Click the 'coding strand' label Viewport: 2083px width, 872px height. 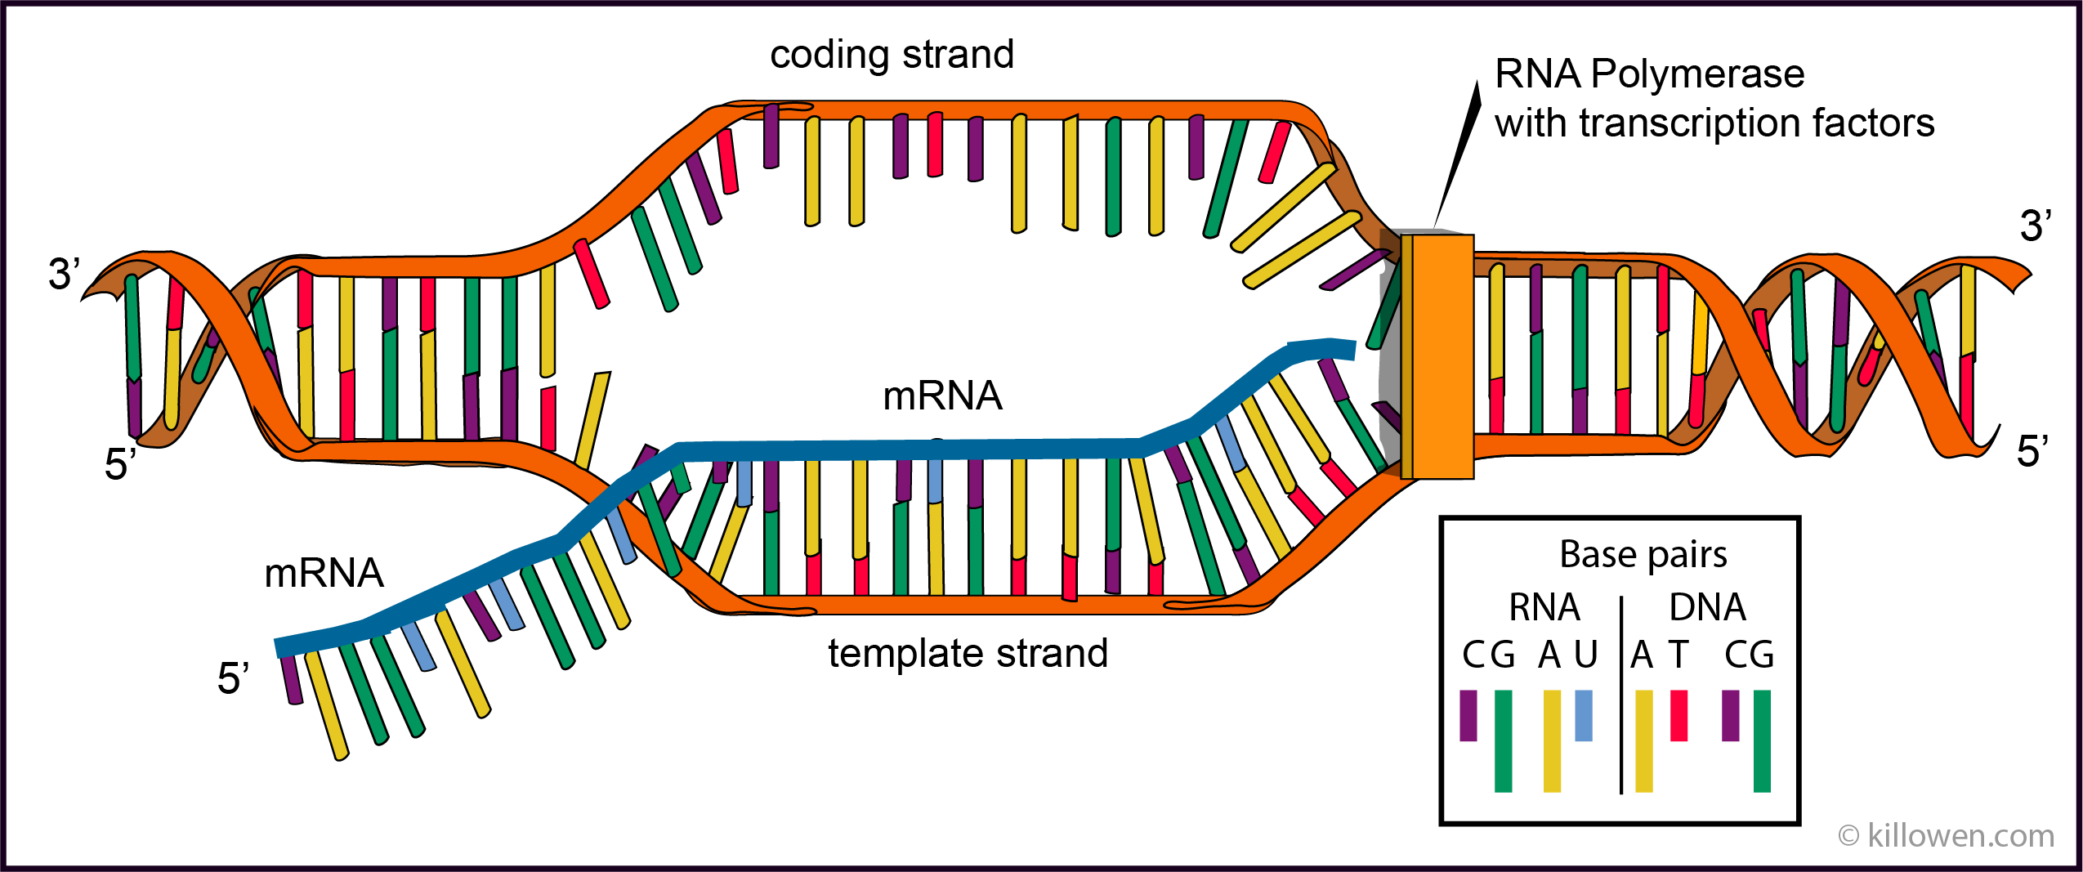pos(892,56)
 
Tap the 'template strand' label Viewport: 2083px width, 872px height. pos(968,654)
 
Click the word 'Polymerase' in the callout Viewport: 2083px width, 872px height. pos(1697,74)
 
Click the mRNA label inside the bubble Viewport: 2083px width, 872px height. pos(942,396)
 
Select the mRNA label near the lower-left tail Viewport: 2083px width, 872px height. pos(324,573)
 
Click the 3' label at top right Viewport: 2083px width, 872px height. pos(2035,226)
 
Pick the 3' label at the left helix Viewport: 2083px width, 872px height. pos(64,274)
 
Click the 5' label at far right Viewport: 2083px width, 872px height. pos(2032,452)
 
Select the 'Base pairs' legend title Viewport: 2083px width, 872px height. pos(1643,555)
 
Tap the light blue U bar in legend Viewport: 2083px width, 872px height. pos(1583,715)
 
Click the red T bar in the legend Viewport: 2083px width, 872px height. pos(1678,715)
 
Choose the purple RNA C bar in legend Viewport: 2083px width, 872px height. pos(1468,715)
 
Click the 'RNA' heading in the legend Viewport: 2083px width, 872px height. pos(1544,607)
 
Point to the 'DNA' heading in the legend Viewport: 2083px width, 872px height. pos(1707,607)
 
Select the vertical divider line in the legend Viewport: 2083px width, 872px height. pos(1620,695)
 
